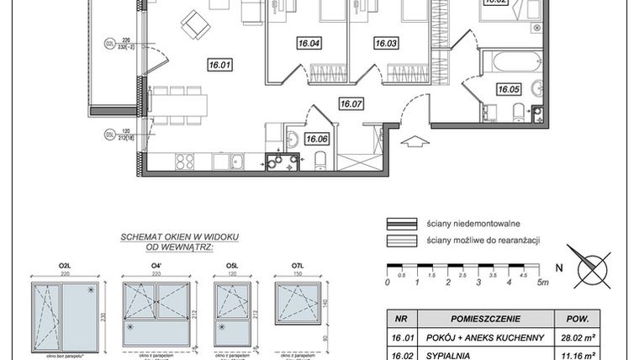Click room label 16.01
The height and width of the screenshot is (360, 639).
point(220,63)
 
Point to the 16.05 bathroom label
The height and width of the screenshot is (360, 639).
point(508,88)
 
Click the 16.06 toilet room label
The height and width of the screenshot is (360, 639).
point(316,140)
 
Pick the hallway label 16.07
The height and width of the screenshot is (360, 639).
point(351,104)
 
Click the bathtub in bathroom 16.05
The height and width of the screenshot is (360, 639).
point(514,62)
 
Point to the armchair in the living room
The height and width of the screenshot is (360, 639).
point(195,26)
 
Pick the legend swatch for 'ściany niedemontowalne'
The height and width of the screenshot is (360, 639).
point(401,224)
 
